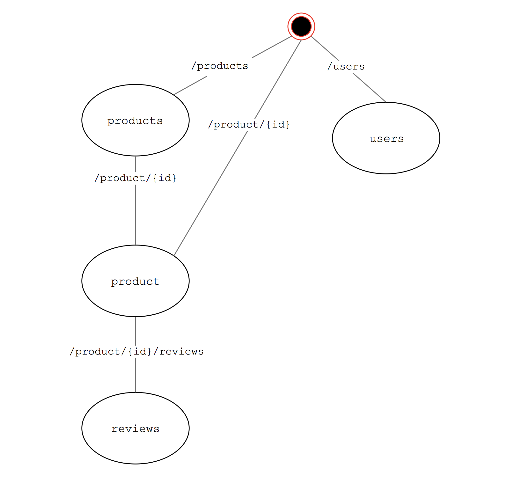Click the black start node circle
coord(301,26)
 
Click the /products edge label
coord(220,66)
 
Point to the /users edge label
coord(346,67)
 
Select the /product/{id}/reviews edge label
coord(136,351)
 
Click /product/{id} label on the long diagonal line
coord(249,124)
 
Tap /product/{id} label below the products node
coord(135,178)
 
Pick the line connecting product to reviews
coord(136,376)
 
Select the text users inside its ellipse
coord(386,139)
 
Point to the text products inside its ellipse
coord(135,121)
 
